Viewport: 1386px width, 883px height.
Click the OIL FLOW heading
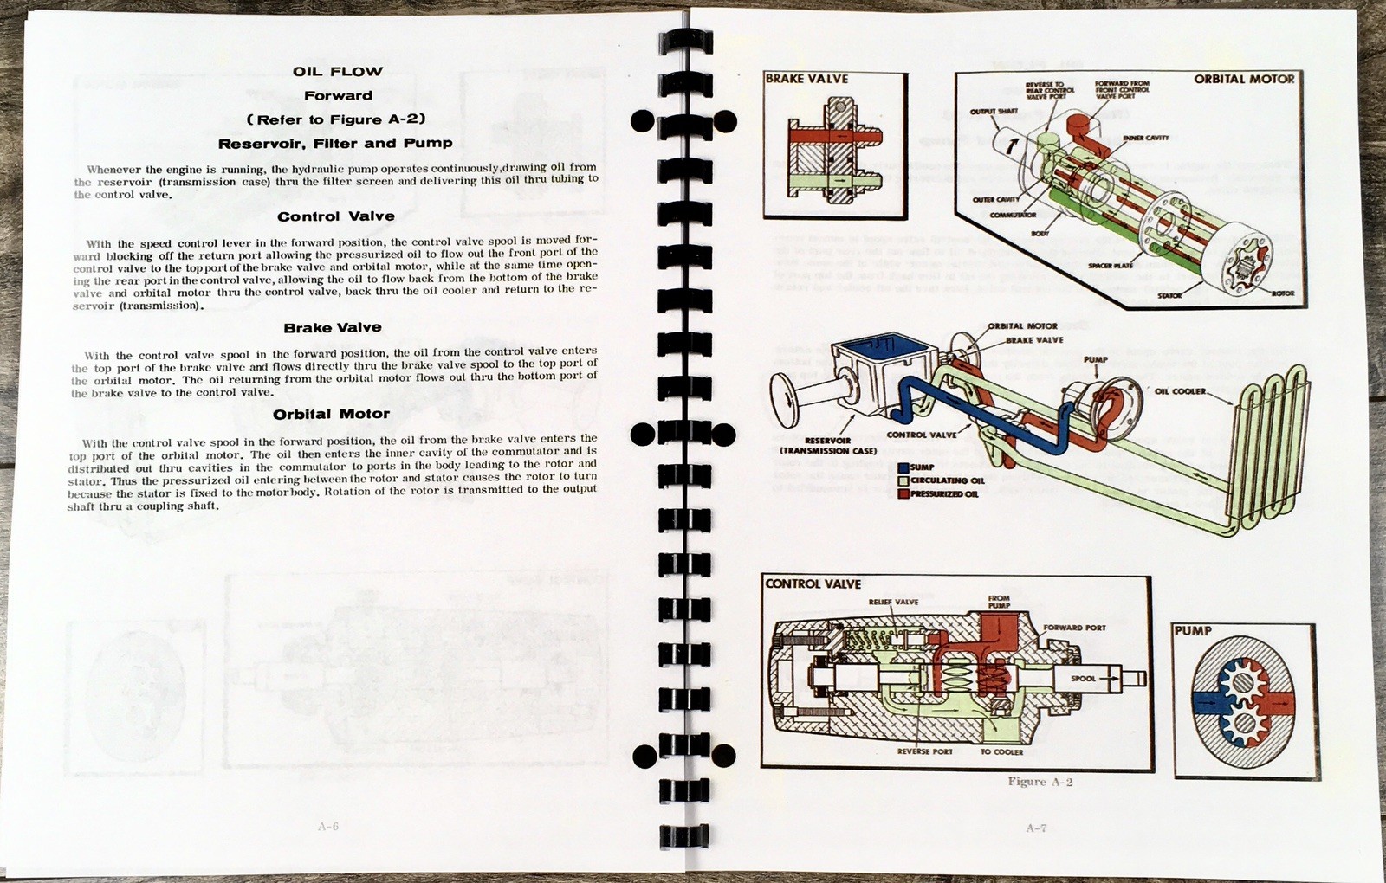[337, 71]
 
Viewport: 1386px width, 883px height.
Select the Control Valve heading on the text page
[336, 216]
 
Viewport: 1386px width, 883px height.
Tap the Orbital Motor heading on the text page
[331, 414]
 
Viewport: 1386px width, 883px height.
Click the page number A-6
[328, 826]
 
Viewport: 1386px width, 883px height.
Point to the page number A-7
[1036, 828]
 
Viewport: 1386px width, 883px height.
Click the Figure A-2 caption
[1039, 782]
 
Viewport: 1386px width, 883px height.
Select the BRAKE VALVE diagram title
[806, 79]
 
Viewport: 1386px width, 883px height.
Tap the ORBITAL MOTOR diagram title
[1243, 79]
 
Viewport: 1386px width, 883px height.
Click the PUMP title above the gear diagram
[1193, 631]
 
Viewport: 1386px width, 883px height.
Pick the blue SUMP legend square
[903, 467]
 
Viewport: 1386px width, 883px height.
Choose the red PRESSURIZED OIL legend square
[903, 493]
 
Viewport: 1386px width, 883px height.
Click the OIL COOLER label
[1180, 391]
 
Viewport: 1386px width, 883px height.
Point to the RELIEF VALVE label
[893, 602]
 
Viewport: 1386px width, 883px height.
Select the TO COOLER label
[1001, 751]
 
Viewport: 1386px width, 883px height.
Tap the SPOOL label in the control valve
[1083, 679]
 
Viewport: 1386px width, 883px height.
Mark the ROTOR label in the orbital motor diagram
[1282, 293]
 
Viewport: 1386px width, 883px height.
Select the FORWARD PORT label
[1074, 628]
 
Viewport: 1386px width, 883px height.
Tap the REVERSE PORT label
[924, 751]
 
